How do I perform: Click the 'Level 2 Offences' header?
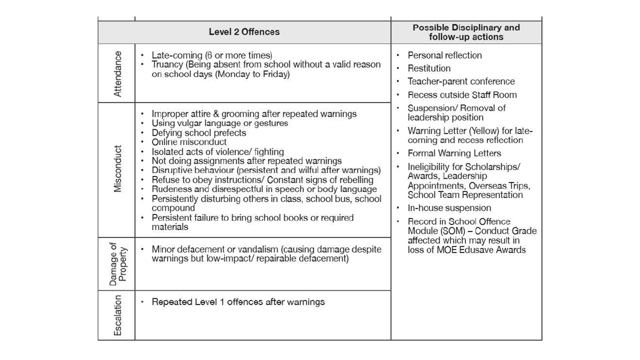[244, 32]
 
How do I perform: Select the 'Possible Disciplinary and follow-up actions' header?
[466, 32]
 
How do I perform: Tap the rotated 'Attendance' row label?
[118, 73]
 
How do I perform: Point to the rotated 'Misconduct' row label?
[118, 169]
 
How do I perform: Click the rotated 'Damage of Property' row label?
[117, 264]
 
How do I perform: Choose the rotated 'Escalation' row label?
[118, 315]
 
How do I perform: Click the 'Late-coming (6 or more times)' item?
[212, 55]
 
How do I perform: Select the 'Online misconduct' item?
[189, 142]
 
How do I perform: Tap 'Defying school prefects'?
[198, 132]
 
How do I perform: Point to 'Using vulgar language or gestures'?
[219, 123]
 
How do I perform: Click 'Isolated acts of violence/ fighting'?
[217, 151]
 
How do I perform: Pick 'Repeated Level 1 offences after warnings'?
[238, 302]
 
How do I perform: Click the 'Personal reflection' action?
[444, 55]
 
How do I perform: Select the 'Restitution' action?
[429, 68]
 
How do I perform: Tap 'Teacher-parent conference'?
[461, 81]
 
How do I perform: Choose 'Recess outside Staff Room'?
[462, 95]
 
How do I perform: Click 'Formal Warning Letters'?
[454, 153]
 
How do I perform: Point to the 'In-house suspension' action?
[449, 208]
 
